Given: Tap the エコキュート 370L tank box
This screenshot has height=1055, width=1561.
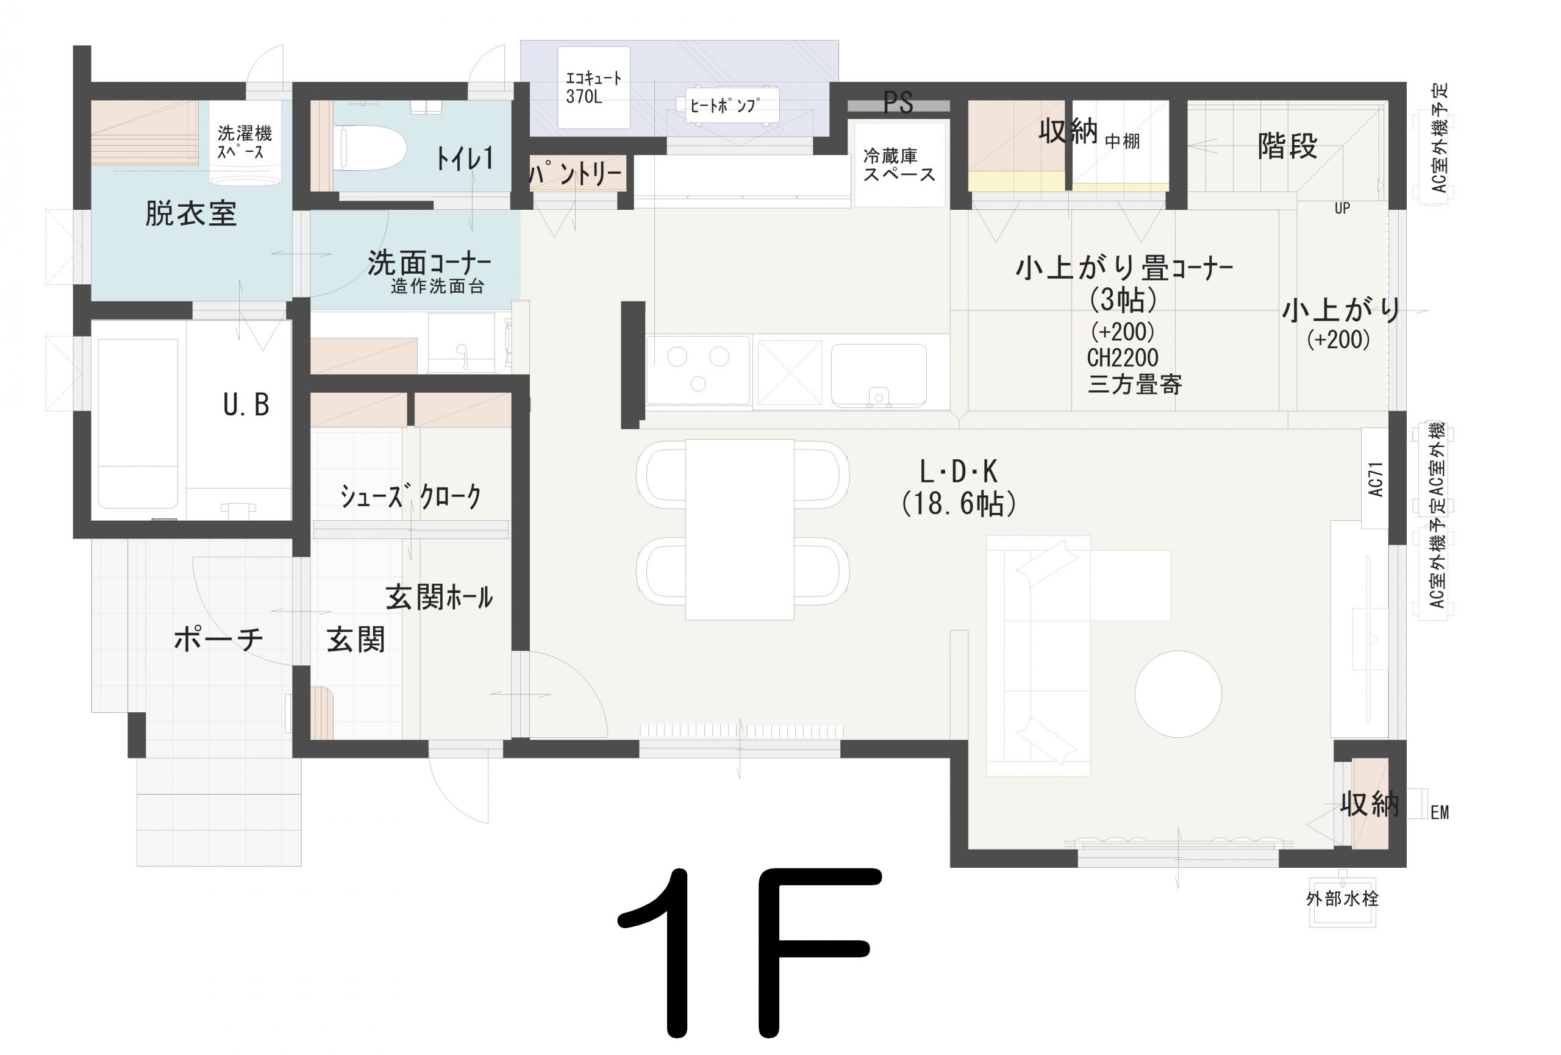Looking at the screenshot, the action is [x=594, y=87].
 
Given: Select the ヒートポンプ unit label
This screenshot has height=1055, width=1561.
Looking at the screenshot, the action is [x=724, y=106].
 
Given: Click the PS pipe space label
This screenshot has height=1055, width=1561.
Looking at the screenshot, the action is [x=898, y=102].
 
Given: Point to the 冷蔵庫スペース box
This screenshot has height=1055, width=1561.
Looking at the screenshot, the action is [x=899, y=165].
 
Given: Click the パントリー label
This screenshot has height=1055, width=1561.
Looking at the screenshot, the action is [x=576, y=174].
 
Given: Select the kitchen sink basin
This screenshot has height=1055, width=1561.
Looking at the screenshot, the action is [x=879, y=376].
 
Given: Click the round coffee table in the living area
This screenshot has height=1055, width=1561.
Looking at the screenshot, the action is [x=1178, y=695].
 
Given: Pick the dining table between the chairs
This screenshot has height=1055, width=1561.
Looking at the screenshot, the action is [x=740, y=530].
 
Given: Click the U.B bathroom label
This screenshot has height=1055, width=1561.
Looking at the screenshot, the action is [x=246, y=405].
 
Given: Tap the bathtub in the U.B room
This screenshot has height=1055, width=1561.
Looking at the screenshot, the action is [x=138, y=423].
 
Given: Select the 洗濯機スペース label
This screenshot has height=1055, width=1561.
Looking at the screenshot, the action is [x=245, y=142].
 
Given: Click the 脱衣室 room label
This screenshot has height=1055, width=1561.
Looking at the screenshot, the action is [x=191, y=213].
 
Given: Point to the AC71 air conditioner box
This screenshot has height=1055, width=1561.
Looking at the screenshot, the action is [x=1375, y=478].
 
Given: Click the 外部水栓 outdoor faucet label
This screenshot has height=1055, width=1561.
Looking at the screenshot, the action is [x=1342, y=898].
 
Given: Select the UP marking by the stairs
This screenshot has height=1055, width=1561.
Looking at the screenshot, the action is [x=1342, y=208].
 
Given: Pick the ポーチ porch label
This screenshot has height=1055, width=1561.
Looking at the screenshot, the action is [x=218, y=638].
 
